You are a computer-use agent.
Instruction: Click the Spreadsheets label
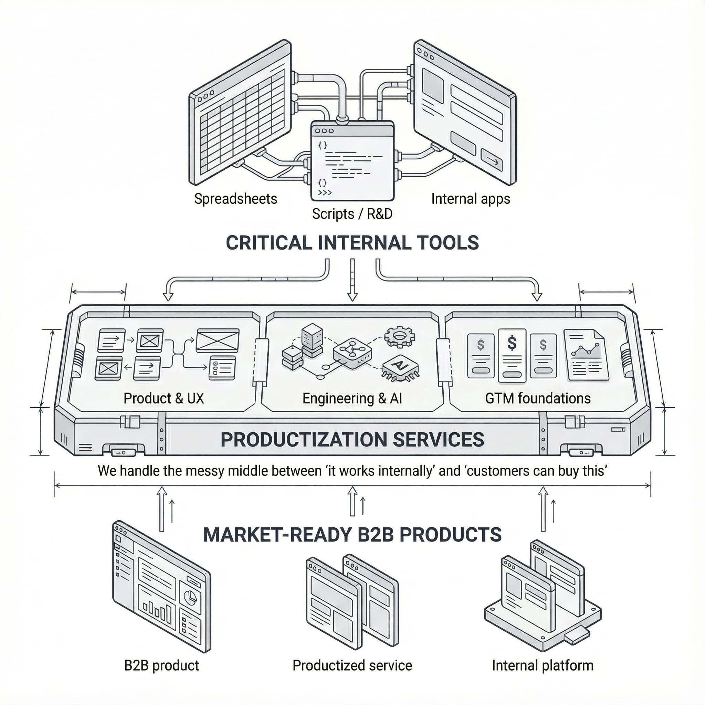pos(235,199)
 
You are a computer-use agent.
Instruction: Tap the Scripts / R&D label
pos(352,214)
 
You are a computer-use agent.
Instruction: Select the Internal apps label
pos(470,199)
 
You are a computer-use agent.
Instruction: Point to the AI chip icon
pos(400,367)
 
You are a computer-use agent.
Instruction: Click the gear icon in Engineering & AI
pos(400,336)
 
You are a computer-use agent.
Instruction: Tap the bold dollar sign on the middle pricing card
pos(512,343)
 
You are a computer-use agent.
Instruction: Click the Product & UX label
pos(164,398)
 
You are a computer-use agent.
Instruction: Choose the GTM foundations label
pos(537,398)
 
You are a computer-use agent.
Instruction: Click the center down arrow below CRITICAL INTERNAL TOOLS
pos(352,281)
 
